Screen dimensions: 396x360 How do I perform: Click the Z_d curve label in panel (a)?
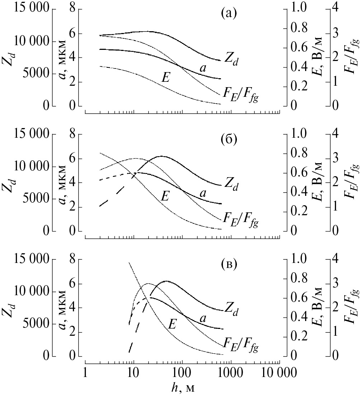point(232,57)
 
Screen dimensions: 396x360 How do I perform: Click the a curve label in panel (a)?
point(203,68)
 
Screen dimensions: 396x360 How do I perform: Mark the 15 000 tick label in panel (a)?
point(31,9)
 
